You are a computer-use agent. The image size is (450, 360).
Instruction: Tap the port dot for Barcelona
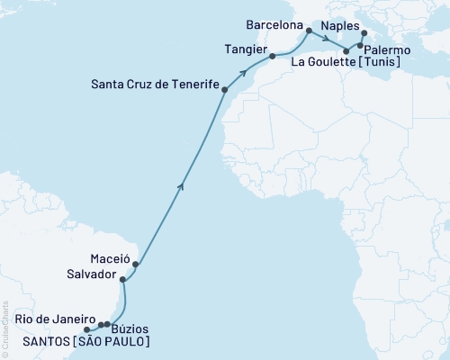click(309, 31)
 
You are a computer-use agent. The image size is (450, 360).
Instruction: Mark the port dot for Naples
click(364, 34)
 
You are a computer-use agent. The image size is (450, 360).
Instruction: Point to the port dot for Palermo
click(360, 45)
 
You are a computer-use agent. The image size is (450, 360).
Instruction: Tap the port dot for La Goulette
click(346, 51)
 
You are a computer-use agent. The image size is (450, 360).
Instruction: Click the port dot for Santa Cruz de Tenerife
click(224, 90)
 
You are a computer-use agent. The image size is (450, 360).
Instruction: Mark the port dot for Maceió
click(135, 265)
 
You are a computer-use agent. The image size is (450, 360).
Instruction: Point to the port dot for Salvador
click(122, 280)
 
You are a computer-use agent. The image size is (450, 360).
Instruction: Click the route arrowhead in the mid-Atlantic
click(183, 186)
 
